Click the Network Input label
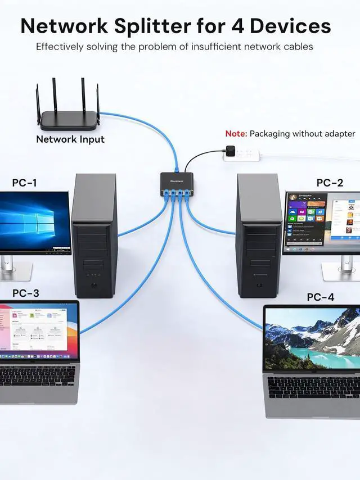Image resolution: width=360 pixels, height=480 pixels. click(x=70, y=139)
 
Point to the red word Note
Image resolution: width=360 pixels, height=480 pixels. click(x=235, y=134)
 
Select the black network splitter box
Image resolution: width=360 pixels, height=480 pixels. click(x=178, y=180)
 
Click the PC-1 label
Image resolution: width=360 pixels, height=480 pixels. click(x=24, y=183)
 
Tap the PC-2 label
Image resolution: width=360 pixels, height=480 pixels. click(x=330, y=183)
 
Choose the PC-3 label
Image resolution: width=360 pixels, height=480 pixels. click(x=26, y=293)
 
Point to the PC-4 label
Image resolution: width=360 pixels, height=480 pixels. click(x=321, y=297)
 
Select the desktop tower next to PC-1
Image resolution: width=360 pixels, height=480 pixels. click(x=94, y=236)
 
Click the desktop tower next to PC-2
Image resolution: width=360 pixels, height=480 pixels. click(x=259, y=236)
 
